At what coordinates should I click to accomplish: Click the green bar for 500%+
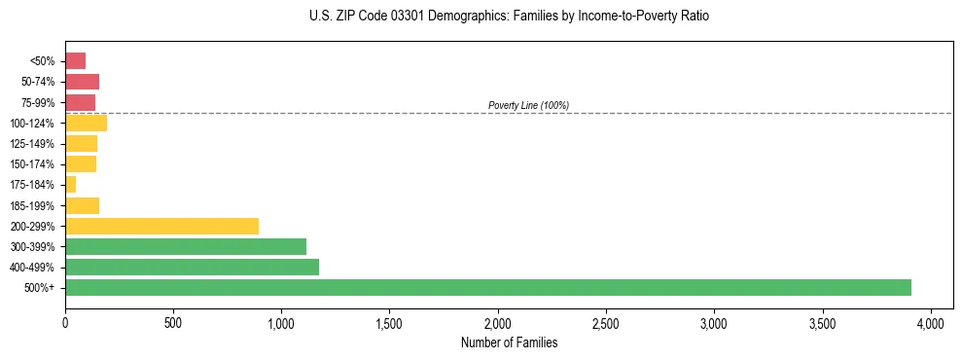pos(487,287)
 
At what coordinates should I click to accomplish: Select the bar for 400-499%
pos(192,267)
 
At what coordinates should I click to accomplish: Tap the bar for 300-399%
pos(186,246)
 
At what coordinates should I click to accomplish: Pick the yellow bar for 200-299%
pos(161,226)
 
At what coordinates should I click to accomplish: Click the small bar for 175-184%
pos(70,184)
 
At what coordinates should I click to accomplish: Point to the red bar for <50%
pos(75,61)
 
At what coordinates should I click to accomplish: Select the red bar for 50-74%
pos(82,82)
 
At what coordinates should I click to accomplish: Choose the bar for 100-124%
pos(86,123)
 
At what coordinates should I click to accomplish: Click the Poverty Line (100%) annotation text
pos(528,105)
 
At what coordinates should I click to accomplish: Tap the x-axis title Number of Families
pos(509,342)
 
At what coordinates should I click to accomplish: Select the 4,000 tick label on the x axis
pos(931,321)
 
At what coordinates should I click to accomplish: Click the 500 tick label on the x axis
pos(173,321)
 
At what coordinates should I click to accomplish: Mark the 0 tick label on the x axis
pos(65,321)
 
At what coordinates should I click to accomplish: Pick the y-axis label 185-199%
pos(32,205)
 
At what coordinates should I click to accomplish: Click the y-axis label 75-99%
pos(37,102)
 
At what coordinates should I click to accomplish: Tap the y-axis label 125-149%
pos(32,144)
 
